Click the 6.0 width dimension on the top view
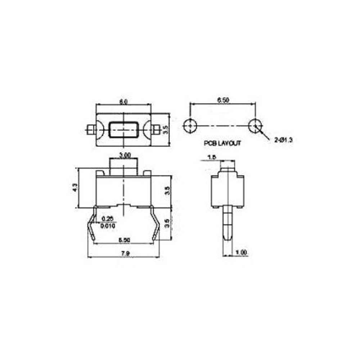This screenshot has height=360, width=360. pyautogui.click(x=123, y=102)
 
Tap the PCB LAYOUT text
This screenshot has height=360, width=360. pyautogui.click(x=222, y=143)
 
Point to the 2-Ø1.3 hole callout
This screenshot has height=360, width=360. pyautogui.click(x=283, y=140)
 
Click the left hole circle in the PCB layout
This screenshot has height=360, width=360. pyautogui.click(x=189, y=125)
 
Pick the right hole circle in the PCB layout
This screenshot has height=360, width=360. pyautogui.click(x=255, y=125)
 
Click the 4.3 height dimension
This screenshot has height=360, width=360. pyautogui.click(x=75, y=188)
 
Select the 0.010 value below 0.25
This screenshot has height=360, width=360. pyautogui.click(x=107, y=226)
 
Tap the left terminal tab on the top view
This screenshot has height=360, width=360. pyautogui.click(x=91, y=129)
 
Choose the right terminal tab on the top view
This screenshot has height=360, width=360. pyautogui.click(x=156, y=129)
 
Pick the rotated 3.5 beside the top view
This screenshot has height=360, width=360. pyautogui.click(x=165, y=129)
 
